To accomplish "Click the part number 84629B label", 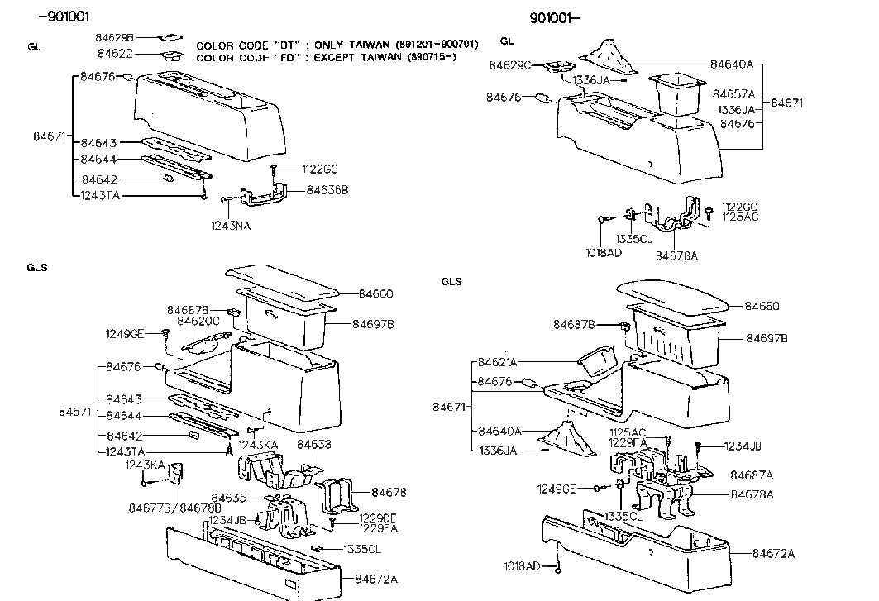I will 114,37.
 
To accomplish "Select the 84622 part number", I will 116,54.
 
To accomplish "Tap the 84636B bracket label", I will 327,189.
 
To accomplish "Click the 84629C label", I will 510,64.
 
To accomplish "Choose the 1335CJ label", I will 634,240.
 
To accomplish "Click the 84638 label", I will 313,445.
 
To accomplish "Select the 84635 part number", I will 228,498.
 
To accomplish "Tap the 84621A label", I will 497,362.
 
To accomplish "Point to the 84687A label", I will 752,475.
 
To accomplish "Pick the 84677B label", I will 149,507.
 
